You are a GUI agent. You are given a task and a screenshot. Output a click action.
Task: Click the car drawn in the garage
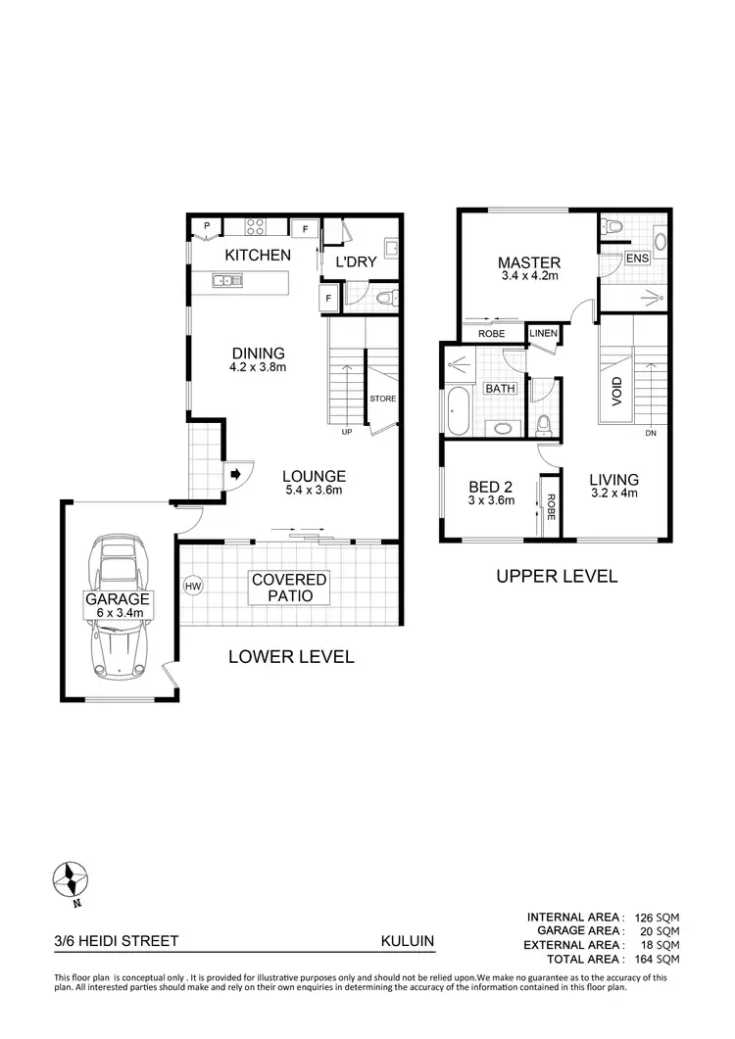point(118,607)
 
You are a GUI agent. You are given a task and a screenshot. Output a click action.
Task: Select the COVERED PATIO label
point(289,588)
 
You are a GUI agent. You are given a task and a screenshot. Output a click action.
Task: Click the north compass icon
point(72,878)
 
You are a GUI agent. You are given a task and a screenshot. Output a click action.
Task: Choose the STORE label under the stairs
point(382,399)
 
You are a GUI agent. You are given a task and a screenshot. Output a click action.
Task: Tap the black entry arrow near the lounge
point(236,475)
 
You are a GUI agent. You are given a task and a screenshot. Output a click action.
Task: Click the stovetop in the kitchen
point(257,227)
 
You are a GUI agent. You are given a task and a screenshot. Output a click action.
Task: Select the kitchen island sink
point(226,282)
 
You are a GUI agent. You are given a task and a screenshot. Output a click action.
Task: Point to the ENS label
point(637,259)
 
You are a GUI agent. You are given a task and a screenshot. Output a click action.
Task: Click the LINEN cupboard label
point(543,334)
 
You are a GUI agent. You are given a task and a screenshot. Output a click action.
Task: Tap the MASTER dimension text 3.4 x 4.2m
point(528,277)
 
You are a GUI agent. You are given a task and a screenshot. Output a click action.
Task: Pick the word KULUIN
point(408,941)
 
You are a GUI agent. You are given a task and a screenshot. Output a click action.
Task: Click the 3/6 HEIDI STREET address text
point(117,941)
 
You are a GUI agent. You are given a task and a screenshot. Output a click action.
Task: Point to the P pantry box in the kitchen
point(207,226)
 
